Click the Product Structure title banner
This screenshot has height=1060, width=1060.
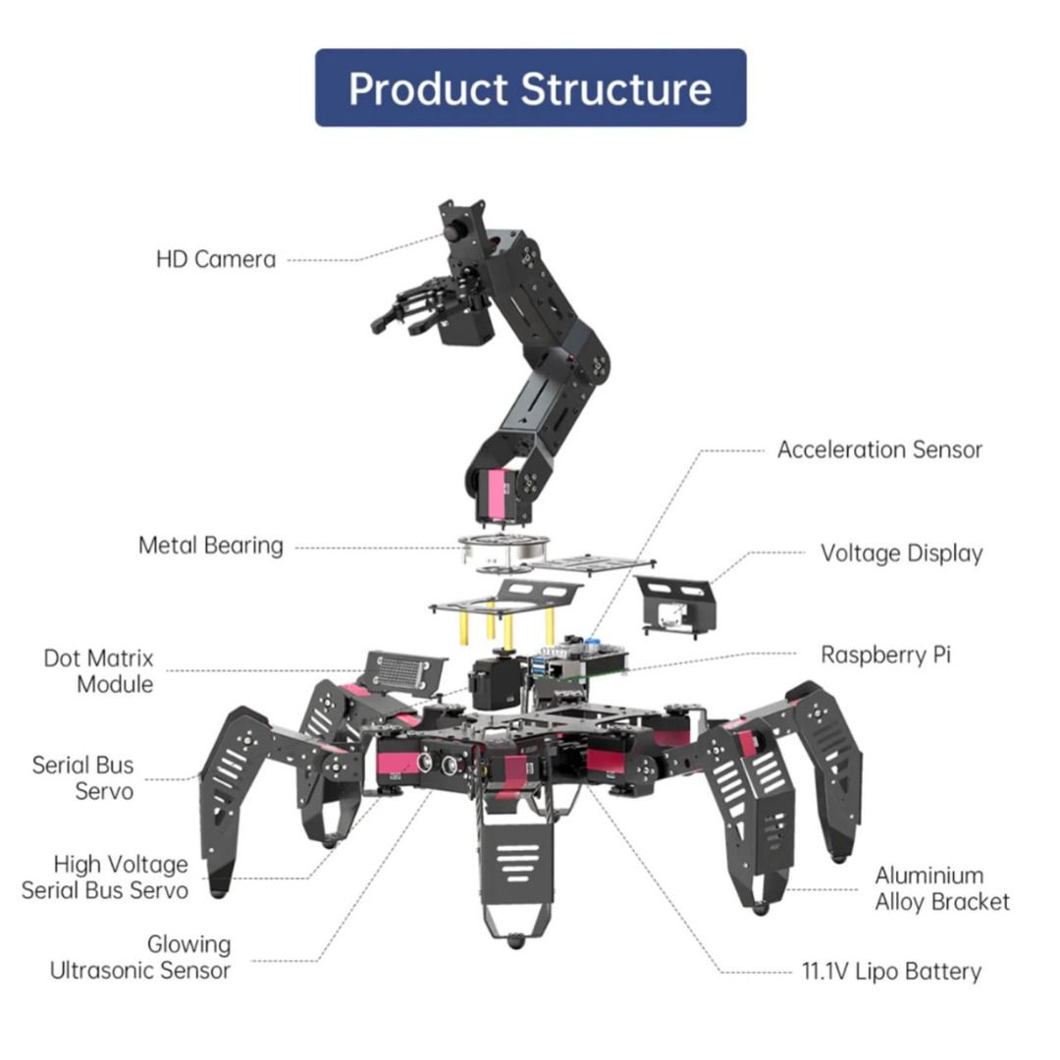pos(530,88)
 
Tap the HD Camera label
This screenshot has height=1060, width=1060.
pos(216,260)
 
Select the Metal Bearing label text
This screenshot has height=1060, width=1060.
pos(210,546)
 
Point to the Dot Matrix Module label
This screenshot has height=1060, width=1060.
pos(99,670)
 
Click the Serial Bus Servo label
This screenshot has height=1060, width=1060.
pos(82,777)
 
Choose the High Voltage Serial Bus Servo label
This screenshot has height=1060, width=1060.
pos(105,876)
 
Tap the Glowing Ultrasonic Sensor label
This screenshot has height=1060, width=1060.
pos(140,957)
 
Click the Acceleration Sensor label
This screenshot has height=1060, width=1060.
pos(879,450)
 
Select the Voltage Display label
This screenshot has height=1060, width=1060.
pos(901,553)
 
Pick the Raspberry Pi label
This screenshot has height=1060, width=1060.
pos(885,655)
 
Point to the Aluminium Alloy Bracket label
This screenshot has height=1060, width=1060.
pos(942,888)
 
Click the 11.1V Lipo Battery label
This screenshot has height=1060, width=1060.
pos(891,972)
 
